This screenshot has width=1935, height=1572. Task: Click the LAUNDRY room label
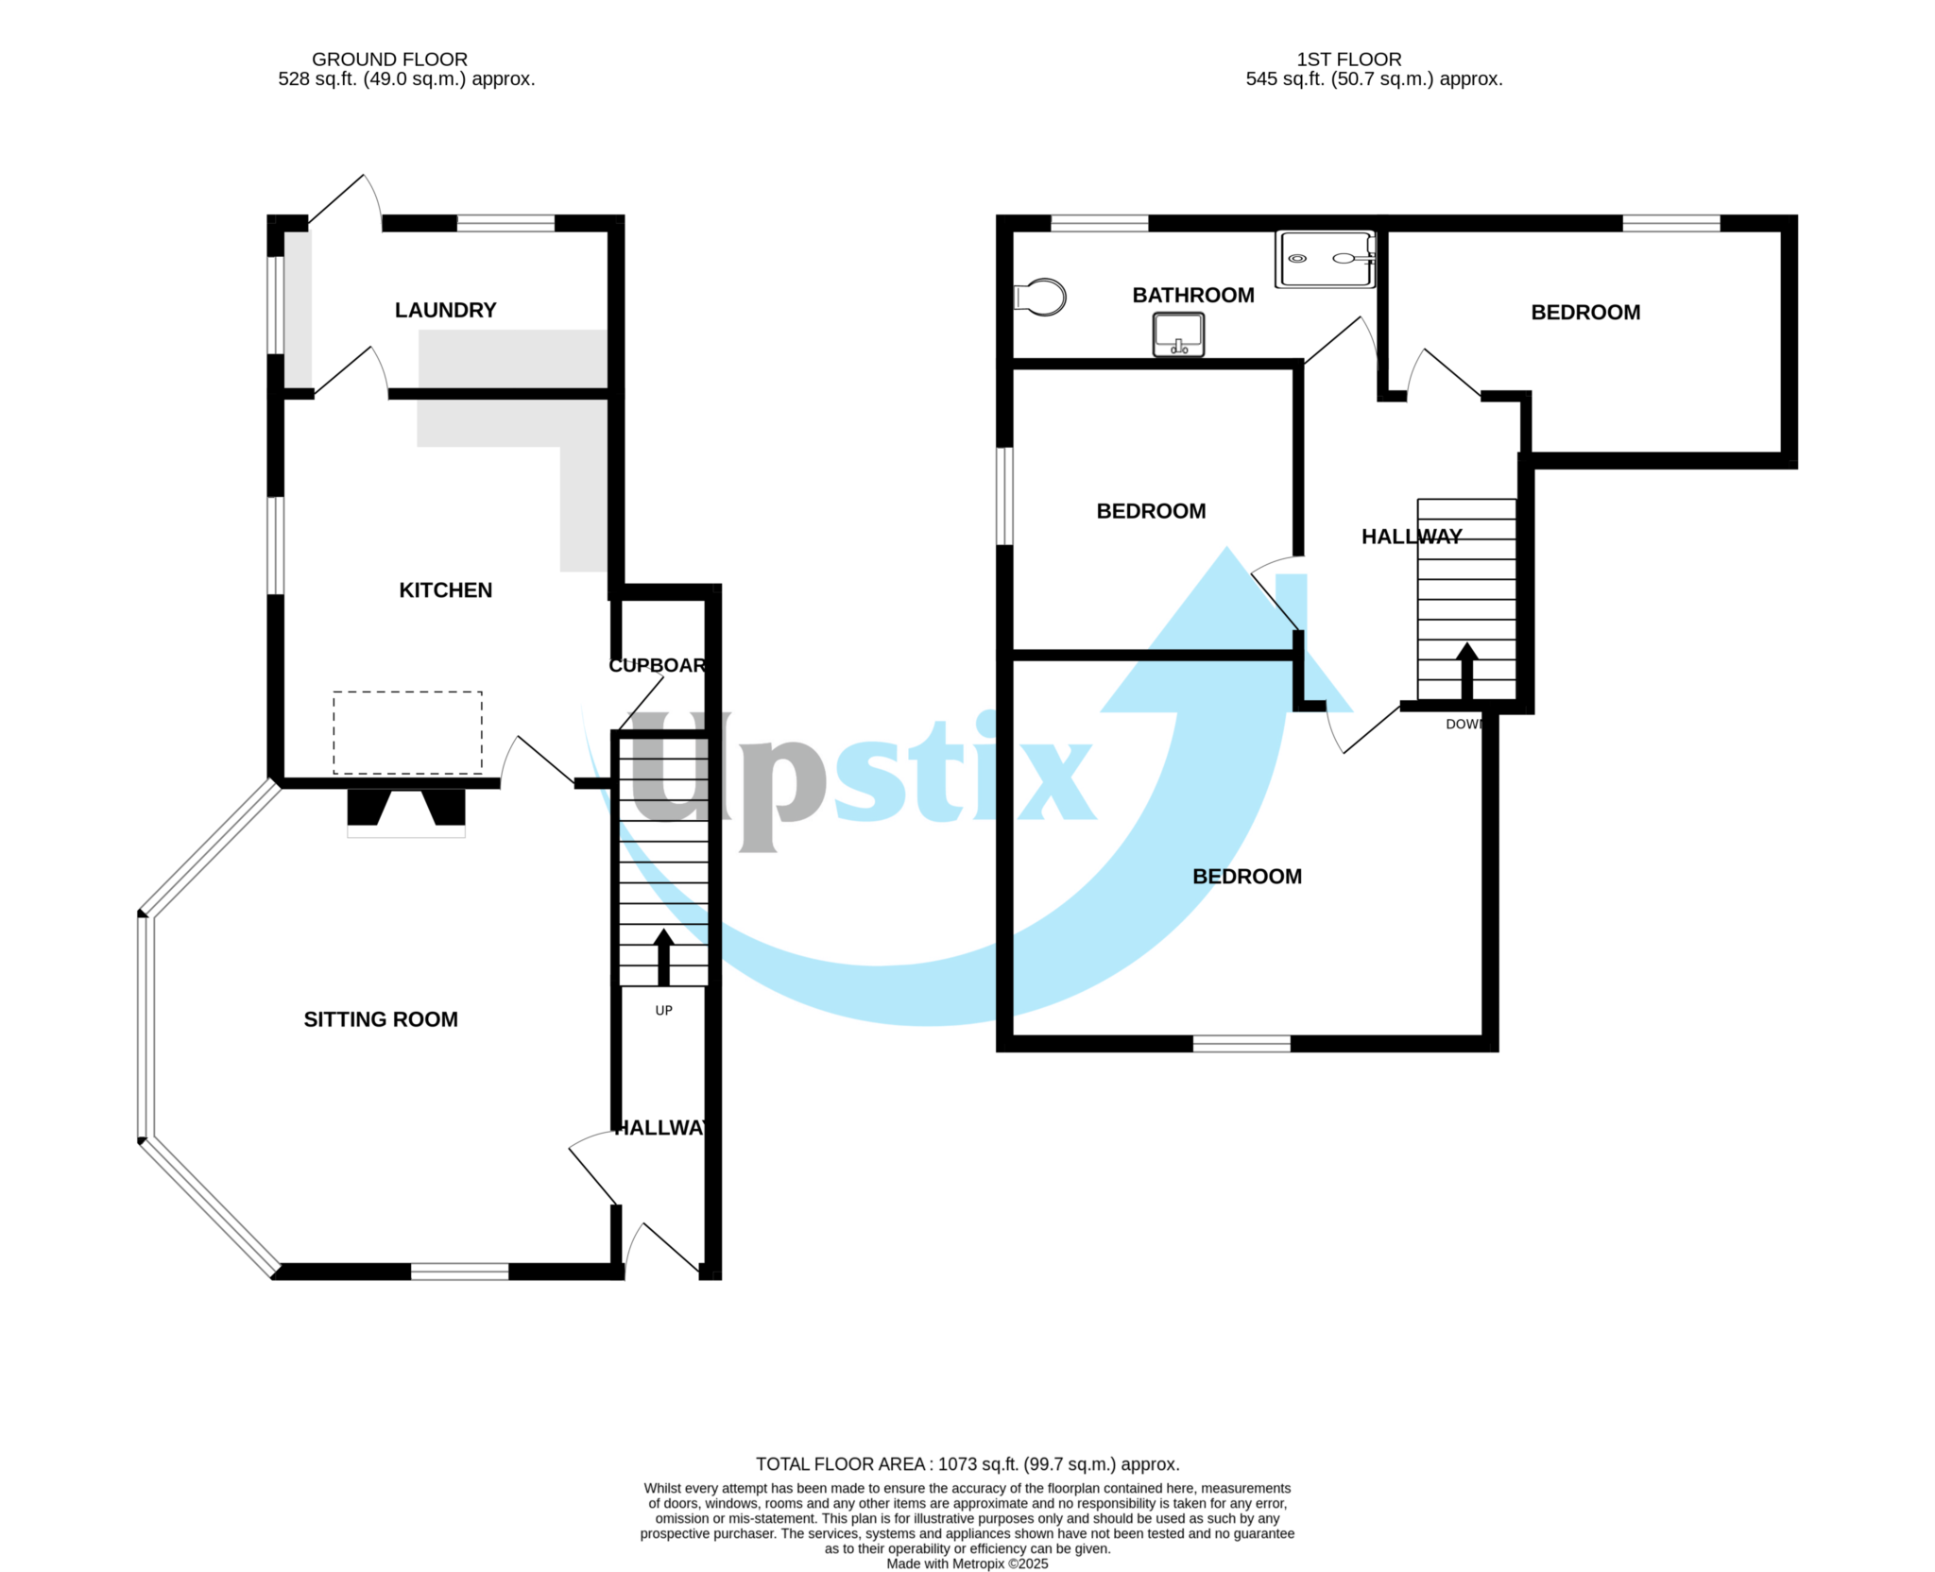coord(445,310)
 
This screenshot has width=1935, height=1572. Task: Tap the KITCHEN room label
coord(445,590)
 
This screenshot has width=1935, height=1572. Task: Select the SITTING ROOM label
coord(381,1019)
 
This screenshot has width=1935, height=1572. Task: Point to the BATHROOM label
coord(1193,295)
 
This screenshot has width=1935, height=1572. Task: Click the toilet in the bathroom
coord(1041,297)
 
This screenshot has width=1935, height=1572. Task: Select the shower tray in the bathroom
coord(1325,258)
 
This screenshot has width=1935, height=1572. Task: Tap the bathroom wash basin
coord(1178,334)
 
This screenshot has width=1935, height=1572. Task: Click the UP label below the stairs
coord(664,1011)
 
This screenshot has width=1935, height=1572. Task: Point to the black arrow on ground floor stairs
coord(663,957)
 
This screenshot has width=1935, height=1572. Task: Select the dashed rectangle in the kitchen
coord(407,732)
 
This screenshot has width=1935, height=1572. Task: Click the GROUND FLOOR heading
coord(389,59)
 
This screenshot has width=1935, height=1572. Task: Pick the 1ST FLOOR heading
coord(1348,59)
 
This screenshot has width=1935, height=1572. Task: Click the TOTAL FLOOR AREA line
coord(967,1464)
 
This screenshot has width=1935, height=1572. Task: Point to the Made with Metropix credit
coord(967,1563)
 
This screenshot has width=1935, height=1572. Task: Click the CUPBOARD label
coord(658,665)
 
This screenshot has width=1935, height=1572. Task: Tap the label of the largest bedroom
coord(1247,877)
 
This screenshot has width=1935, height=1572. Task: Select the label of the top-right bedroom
coord(1585,313)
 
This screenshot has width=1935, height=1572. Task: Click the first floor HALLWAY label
coord(1412,537)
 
